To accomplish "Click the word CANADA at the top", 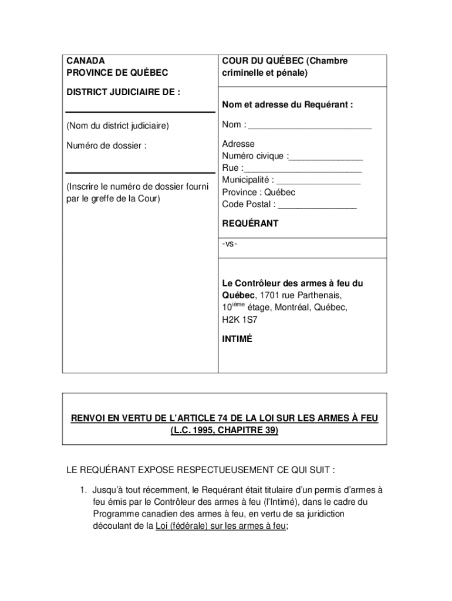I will pos(86,61).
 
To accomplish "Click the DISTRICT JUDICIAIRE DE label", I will pos(123,92).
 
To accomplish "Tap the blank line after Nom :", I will pos(310,126).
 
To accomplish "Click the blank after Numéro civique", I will pos(326,157).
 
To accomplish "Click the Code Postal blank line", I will pos(317,205).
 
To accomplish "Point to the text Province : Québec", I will pos(258,193).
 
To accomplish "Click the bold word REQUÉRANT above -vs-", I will pos(250,224).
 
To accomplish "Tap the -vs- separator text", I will pos(230,244).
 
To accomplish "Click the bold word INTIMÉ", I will pos(237,339).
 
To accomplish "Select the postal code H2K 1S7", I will pos(240,320).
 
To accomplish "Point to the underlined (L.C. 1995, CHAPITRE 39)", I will pos(225,431).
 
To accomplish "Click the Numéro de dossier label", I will pos(106,146).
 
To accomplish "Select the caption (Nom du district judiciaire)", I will pos(117,126).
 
